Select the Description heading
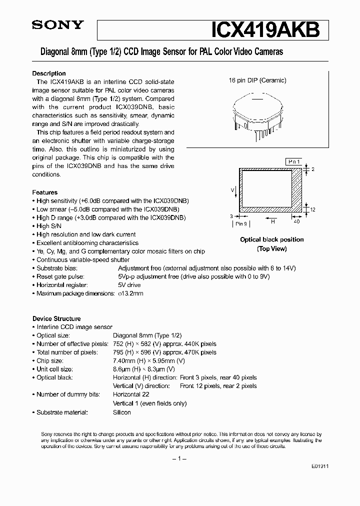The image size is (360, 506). [49, 73]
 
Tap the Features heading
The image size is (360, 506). [45, 192]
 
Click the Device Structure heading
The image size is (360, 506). [56, 318]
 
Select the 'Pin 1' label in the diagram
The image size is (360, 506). [293, 162]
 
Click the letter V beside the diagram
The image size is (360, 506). [232, 190]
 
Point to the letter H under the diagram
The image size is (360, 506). [272, 219]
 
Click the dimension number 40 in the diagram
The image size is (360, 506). [296, 220]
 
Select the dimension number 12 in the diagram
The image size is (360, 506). [312, 209]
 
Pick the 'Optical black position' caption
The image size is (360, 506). [271, 239]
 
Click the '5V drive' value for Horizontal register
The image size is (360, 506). [129, 285]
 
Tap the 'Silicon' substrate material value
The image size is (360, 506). [122, 412]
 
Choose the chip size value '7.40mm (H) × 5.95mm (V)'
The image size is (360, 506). [149, 360]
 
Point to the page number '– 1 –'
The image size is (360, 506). [180, 458]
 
